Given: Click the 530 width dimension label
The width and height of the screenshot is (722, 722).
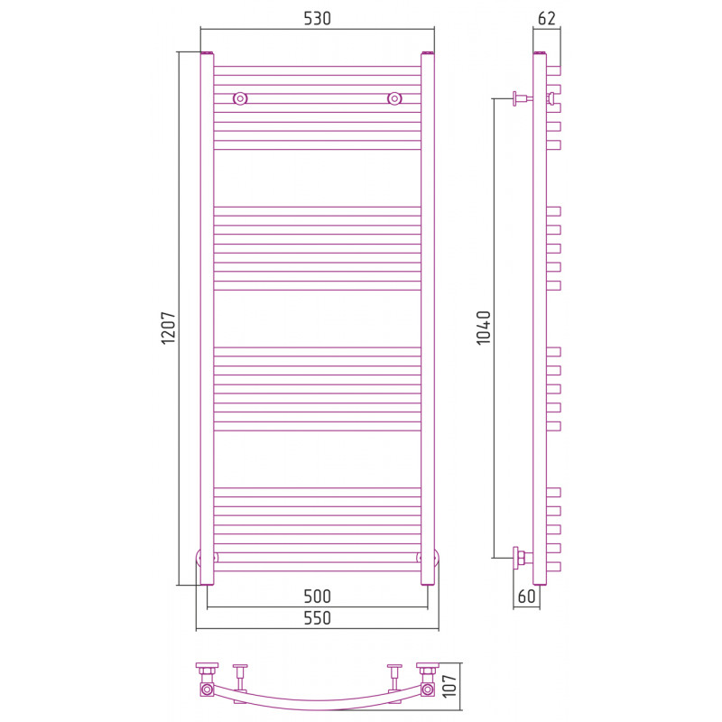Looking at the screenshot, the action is coord(318,18).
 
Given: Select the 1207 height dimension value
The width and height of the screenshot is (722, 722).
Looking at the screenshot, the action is coord(168,328).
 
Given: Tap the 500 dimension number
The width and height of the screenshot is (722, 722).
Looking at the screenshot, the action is coord(318,597).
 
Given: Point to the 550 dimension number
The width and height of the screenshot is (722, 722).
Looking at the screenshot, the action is coord(318,618).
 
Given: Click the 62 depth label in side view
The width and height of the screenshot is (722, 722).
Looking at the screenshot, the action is coord(547,18).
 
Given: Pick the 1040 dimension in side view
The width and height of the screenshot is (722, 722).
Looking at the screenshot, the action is coord(484,328).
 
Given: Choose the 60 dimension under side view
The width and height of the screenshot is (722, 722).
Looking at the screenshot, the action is coord(527,597).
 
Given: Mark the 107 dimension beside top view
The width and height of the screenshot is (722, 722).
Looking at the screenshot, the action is coord(449,686).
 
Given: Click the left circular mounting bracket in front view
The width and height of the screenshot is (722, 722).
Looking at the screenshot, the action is coord(240,98).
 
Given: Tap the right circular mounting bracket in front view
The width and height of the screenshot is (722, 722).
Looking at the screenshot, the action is coord(394,98).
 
